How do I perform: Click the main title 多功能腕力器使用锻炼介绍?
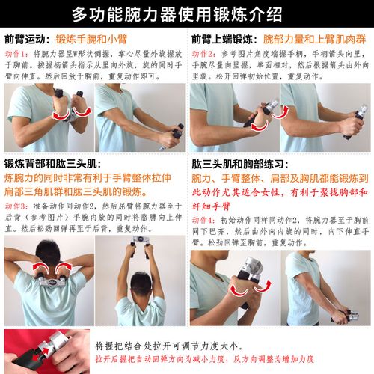[x=187, y=13]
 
